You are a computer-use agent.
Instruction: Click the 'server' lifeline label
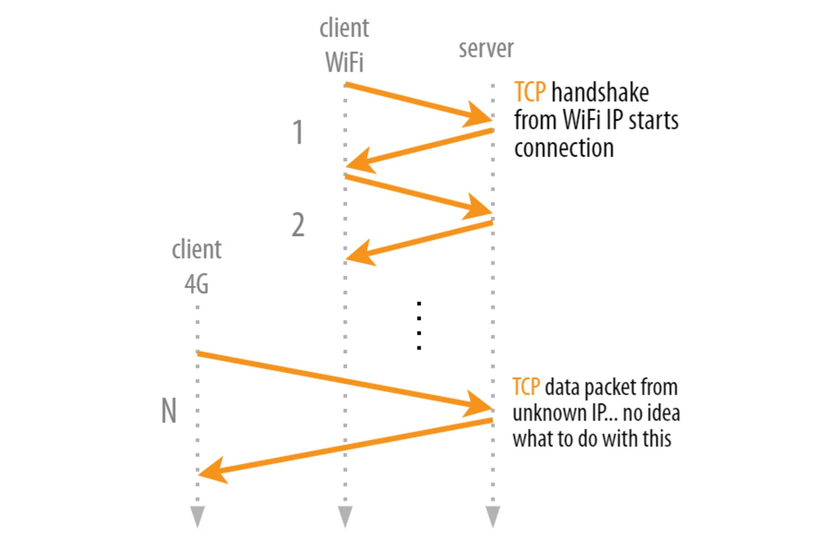(x=486, y=49)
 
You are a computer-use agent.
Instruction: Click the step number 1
(x=298, y=133)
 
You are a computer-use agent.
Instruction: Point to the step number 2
(x=298, y=226)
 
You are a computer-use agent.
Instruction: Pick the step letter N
(x=169, y=412)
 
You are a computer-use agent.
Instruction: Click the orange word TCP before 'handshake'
(x=530, y=93)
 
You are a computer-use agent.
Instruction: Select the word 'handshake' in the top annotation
(x=600, y=93)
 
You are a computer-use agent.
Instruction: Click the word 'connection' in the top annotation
(x=564, y=148)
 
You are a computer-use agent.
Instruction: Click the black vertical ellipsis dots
(x=419, y=326)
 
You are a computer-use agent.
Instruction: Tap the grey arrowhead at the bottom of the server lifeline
(x=493, y=516)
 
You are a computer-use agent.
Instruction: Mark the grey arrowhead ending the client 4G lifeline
(x=198, y=516)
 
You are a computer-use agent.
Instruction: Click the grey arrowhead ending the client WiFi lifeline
(x=346, y=516)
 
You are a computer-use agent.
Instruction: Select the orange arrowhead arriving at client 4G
(x=211, y=471)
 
